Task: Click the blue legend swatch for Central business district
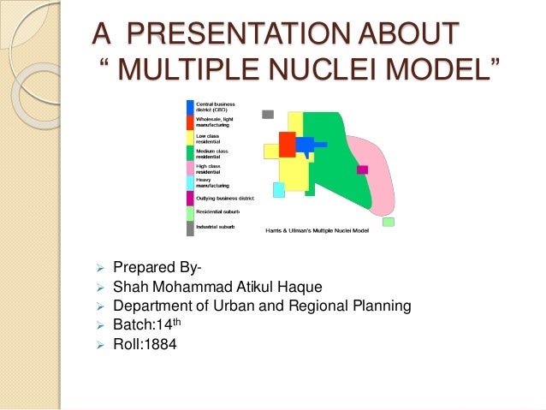pyautogui.click(x=190, y=108)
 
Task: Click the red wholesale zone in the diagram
pyautogui.click(x=287, y=145)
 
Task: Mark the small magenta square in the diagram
pyautogui.click(x=362, y=169)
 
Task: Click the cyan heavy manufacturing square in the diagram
pyautogui.click(x=278, y=189)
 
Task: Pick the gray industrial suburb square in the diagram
pyautogui.click(x=268, y=114)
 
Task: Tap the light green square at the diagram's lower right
pyautogui.click(x=388, y=222)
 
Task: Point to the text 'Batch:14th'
pyautogui.click(x=148, y=327)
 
